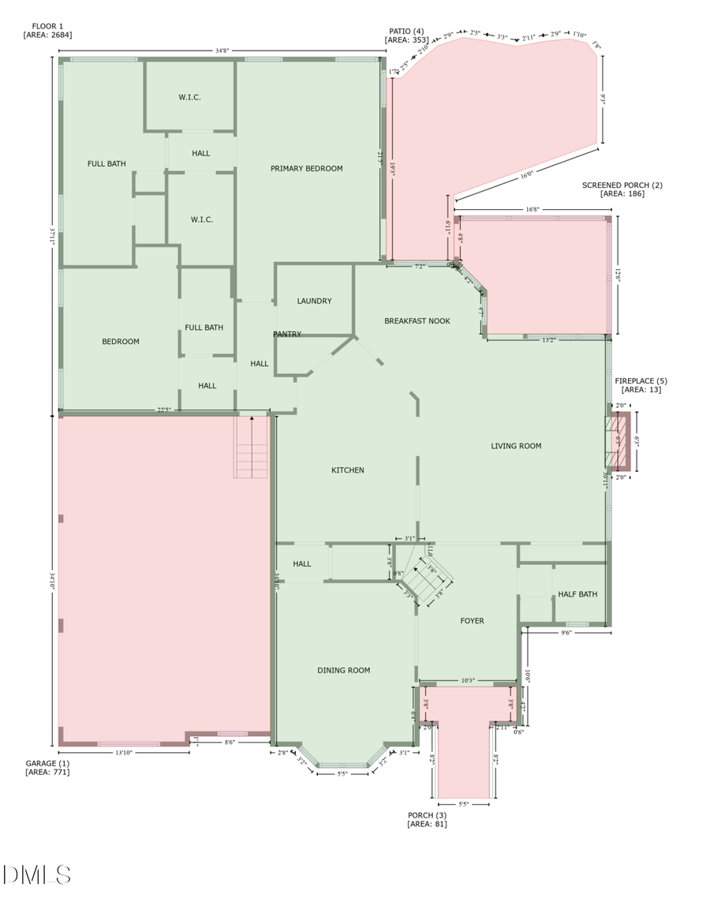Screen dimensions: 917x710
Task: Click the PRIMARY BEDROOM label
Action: (x=306, y=168)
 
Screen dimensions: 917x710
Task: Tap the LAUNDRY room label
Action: (x=314, y=301)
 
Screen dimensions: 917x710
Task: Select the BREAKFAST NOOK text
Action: (x=417, y=320)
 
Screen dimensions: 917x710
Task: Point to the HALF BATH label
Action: (x=577, y=594)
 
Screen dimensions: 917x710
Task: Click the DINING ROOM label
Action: (x=343, y=670)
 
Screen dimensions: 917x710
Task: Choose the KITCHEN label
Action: (x=347, y=470)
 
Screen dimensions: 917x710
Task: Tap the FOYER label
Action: (x=472, y=621)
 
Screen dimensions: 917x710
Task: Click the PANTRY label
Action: (x=287, y=334)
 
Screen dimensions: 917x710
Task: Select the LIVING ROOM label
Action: (x=516, y=446)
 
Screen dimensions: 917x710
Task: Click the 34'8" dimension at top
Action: (x=222, y=51)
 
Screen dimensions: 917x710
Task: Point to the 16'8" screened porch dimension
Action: (x=532, y=209)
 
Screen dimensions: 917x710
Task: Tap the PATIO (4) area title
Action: (x=406, y=34)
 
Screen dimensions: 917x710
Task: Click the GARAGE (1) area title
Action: (x=47, y=767)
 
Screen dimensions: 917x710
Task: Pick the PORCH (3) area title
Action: (x=427, y=819)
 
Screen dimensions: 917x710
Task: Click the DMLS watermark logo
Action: (x=36, y=874)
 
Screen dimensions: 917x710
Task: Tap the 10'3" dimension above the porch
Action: (x=467, y=680)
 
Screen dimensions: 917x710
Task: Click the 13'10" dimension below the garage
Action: (x=125, y=752)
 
